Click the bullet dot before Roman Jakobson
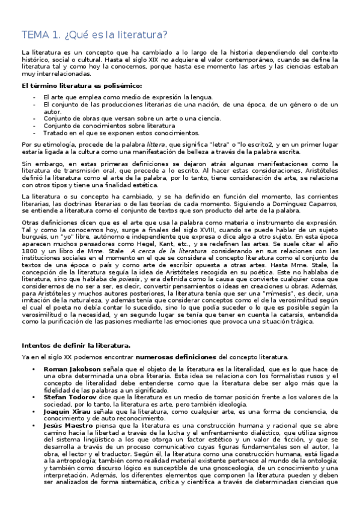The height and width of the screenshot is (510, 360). click(x=37, y=367)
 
